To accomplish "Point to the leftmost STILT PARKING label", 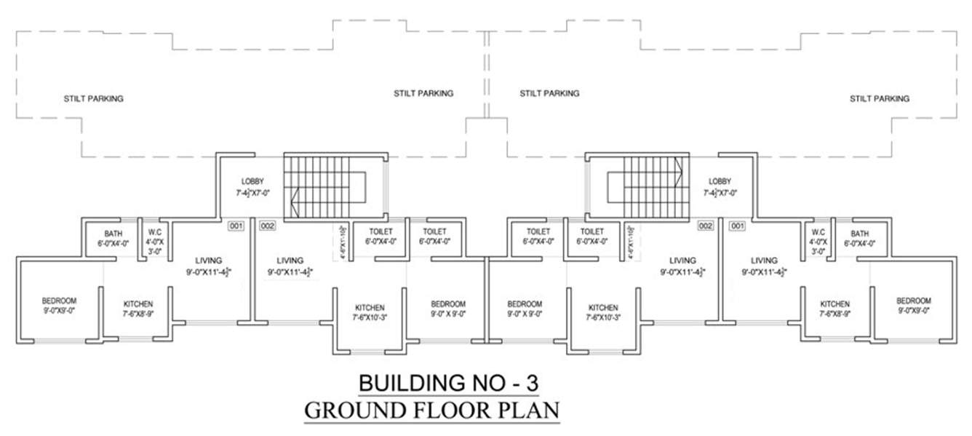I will tap(93, 98).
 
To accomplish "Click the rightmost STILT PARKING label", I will tap(879, 98).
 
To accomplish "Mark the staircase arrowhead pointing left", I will tap(295, 199).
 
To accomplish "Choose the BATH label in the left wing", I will tap(112, 234).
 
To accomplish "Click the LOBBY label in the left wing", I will tap(252, 181).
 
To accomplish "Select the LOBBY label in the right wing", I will tap(720, 181).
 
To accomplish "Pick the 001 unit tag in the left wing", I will tap(236, 226).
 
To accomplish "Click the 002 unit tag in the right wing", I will tap(705, 226).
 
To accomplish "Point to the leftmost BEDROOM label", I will tap(59, 300).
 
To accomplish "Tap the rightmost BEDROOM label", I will tap(913, 300).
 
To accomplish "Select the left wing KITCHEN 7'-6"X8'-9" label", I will tap(138, 304).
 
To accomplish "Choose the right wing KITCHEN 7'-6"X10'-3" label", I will tap(603, 307).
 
